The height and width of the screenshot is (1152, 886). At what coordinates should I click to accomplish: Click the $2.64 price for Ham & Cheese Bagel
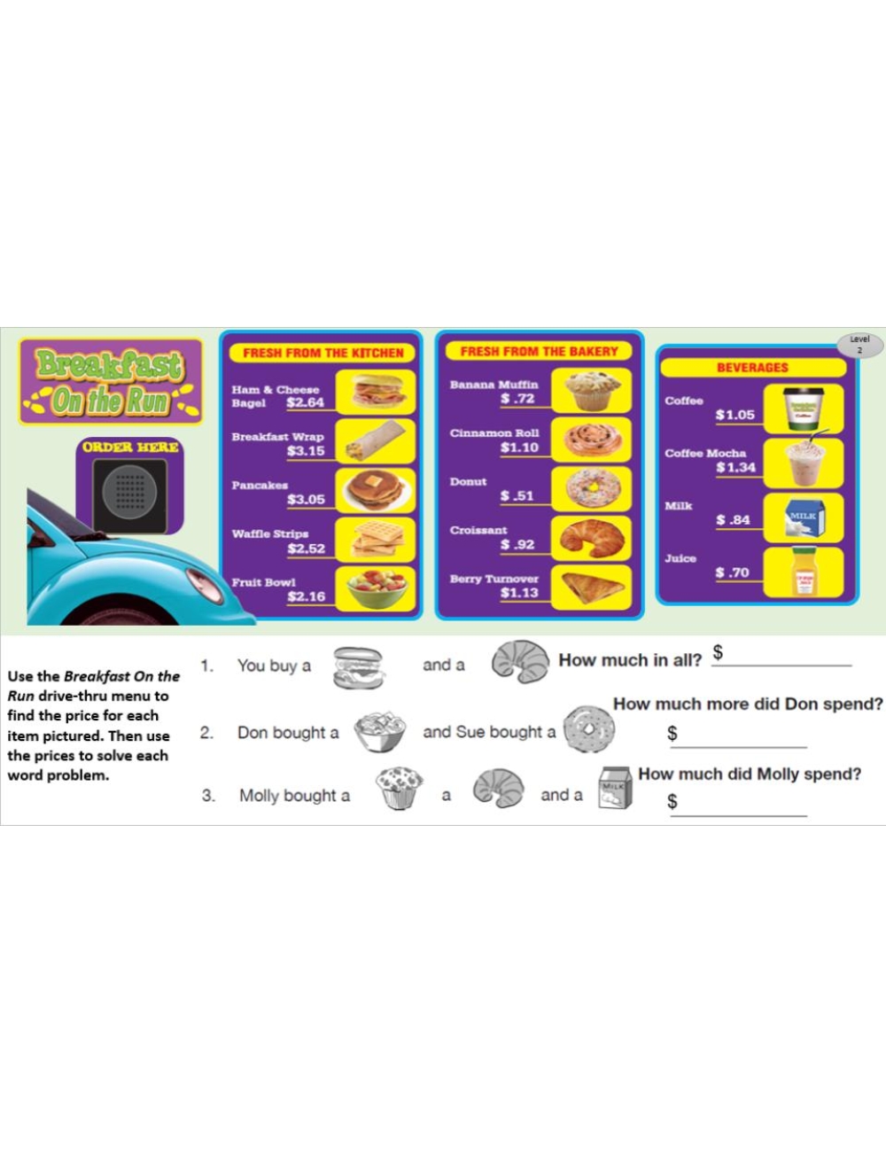pos(305,402)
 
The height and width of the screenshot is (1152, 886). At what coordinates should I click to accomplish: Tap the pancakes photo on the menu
pos(376,490)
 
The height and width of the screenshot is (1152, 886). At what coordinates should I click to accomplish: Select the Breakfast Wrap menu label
pos(277,437)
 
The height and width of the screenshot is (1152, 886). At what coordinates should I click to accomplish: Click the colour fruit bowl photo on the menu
pos(377,588)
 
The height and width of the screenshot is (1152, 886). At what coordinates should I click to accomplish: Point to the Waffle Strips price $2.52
pos(307,549)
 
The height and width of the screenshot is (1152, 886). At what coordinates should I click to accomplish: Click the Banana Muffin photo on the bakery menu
pos(593,391)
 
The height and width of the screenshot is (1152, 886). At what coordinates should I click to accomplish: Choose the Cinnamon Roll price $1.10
pos(519,448)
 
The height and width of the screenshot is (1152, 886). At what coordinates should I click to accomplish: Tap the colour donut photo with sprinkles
pos(593,487)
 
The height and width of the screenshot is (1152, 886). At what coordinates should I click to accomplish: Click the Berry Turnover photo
pos(593,588)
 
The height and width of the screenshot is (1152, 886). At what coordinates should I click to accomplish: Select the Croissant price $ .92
pos(517,544)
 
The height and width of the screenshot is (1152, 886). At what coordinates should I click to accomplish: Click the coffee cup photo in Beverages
pos(804,409)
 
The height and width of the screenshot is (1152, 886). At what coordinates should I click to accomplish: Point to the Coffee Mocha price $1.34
pos(735,467)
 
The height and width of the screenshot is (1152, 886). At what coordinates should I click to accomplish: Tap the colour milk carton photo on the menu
pos(804,518)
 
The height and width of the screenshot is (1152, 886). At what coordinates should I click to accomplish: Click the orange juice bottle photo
pos(804,572)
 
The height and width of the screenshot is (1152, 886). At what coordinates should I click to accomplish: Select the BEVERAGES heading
pos(752,368)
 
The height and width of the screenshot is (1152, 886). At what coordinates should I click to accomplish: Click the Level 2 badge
pos(859,345)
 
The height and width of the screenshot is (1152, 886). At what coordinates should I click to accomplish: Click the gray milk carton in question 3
pos(615,788)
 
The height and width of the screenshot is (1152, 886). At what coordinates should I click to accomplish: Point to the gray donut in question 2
pos(588,728)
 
